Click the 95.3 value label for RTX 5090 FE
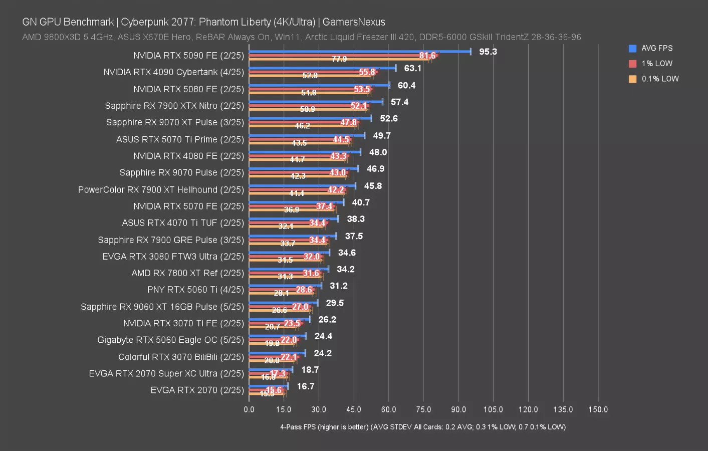click(488, 52)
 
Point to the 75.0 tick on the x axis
click(423, 409)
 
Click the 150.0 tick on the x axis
click(598, 409)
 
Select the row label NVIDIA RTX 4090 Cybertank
click(173, 72)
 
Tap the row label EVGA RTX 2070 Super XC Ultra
click(166, 373)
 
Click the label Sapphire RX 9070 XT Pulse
click(175, 122)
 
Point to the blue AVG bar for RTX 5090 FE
click(359, 51)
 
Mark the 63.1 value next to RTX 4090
click(412, 68)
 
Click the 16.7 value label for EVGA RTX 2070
click(306, 386)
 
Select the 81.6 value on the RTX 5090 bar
click(427, 56)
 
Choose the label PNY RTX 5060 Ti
click(195, 290)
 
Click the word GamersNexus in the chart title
click(354, 22)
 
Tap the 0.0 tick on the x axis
click(249, 409)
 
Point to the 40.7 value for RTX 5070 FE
click(361, 202)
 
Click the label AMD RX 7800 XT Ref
click(187, 273)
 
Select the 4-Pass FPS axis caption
click(423, 427)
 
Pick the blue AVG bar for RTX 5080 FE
click(319, 85)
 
